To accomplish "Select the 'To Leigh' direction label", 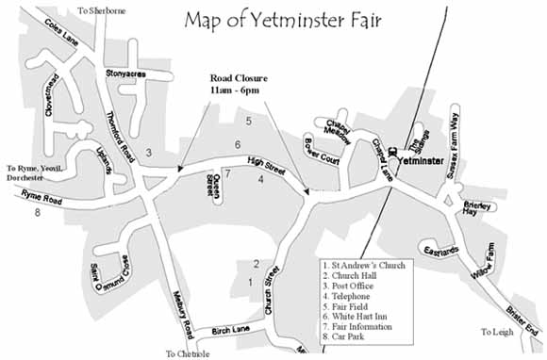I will coord(498,332).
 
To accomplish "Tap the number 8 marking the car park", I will coord(38,213).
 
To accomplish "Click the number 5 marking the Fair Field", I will coord(249,122).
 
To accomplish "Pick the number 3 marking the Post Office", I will coord(149,153).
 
